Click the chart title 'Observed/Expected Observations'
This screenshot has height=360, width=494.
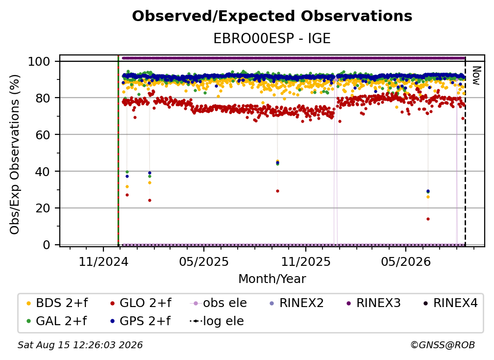[272, 16]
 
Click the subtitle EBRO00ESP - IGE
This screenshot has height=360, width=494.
[272, 38]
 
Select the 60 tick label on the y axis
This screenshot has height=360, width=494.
[43, 134]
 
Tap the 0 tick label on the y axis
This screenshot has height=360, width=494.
[47, 245]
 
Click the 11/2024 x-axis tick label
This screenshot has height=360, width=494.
[103, 261]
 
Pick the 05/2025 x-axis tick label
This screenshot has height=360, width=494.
[204, 261]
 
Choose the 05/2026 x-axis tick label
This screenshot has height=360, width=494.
[406, 261]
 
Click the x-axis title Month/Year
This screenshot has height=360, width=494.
[272, 279]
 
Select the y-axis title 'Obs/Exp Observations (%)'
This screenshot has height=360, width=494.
[15, 154]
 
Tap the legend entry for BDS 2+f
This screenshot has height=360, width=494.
[57, 303]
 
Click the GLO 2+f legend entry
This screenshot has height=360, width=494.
[141, 303]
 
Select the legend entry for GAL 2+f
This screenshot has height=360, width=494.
[56, 321]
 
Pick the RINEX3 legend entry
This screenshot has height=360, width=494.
[373, 303]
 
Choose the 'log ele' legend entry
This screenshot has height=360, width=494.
[217, 321]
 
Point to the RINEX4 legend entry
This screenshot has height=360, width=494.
[450, 303]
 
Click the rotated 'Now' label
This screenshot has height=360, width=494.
[476, 76]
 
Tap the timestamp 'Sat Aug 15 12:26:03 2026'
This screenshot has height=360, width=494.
[80, 345]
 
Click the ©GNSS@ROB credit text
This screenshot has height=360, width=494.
[443, 345]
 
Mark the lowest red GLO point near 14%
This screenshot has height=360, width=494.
[428, 219]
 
